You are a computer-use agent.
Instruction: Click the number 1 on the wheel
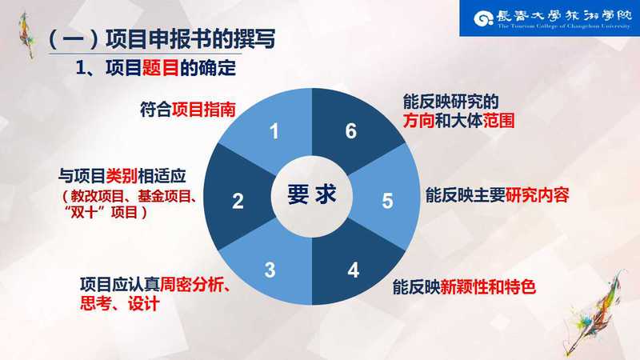tap(274, 131)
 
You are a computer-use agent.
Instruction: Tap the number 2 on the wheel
tap(238, 201)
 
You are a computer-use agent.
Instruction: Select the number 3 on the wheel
tap(270, 270)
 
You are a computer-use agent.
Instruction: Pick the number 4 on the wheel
tap(354, 270)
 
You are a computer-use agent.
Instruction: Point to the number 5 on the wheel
tap(387, 201)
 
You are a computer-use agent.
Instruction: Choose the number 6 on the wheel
tap(351, 131)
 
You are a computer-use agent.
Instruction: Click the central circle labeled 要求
tap(311, 195)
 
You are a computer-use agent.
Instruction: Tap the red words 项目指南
tap(204, 110)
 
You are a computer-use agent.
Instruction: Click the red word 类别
tap(122, 176)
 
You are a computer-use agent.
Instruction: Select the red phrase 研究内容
tap(537, 195)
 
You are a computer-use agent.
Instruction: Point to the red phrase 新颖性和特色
tap(488, 286)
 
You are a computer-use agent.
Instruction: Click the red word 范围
tap(498, 121)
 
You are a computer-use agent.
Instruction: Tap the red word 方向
tap(418, 121)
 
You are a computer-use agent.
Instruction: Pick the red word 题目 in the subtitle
tap(161, 67)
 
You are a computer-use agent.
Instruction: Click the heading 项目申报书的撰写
tap(190, 38)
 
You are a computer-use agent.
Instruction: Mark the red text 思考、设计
tap(119, 304)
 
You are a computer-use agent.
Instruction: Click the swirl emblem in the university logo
tap(484, 18)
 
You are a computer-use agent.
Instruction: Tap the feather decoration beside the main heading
tap(27, 34)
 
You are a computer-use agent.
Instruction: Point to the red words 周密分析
tap(192, 285)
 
